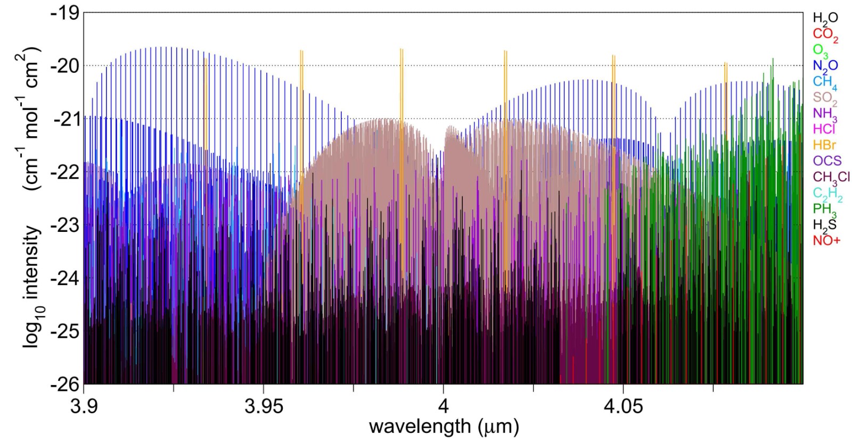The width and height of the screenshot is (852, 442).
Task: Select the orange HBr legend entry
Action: coord(824,145)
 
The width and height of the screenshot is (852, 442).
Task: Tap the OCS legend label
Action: coord(827,161)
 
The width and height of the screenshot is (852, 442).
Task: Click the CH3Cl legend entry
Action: coord(831,177)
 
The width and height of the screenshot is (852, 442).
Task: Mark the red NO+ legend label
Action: coord(826,240)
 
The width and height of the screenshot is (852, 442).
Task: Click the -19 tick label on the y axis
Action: coord(64,13)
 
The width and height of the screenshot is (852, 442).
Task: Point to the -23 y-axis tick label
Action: coord(64,225)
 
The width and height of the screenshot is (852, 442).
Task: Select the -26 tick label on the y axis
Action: coord(64,384)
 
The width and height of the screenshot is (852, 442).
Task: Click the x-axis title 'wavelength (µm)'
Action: coord(443,426)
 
